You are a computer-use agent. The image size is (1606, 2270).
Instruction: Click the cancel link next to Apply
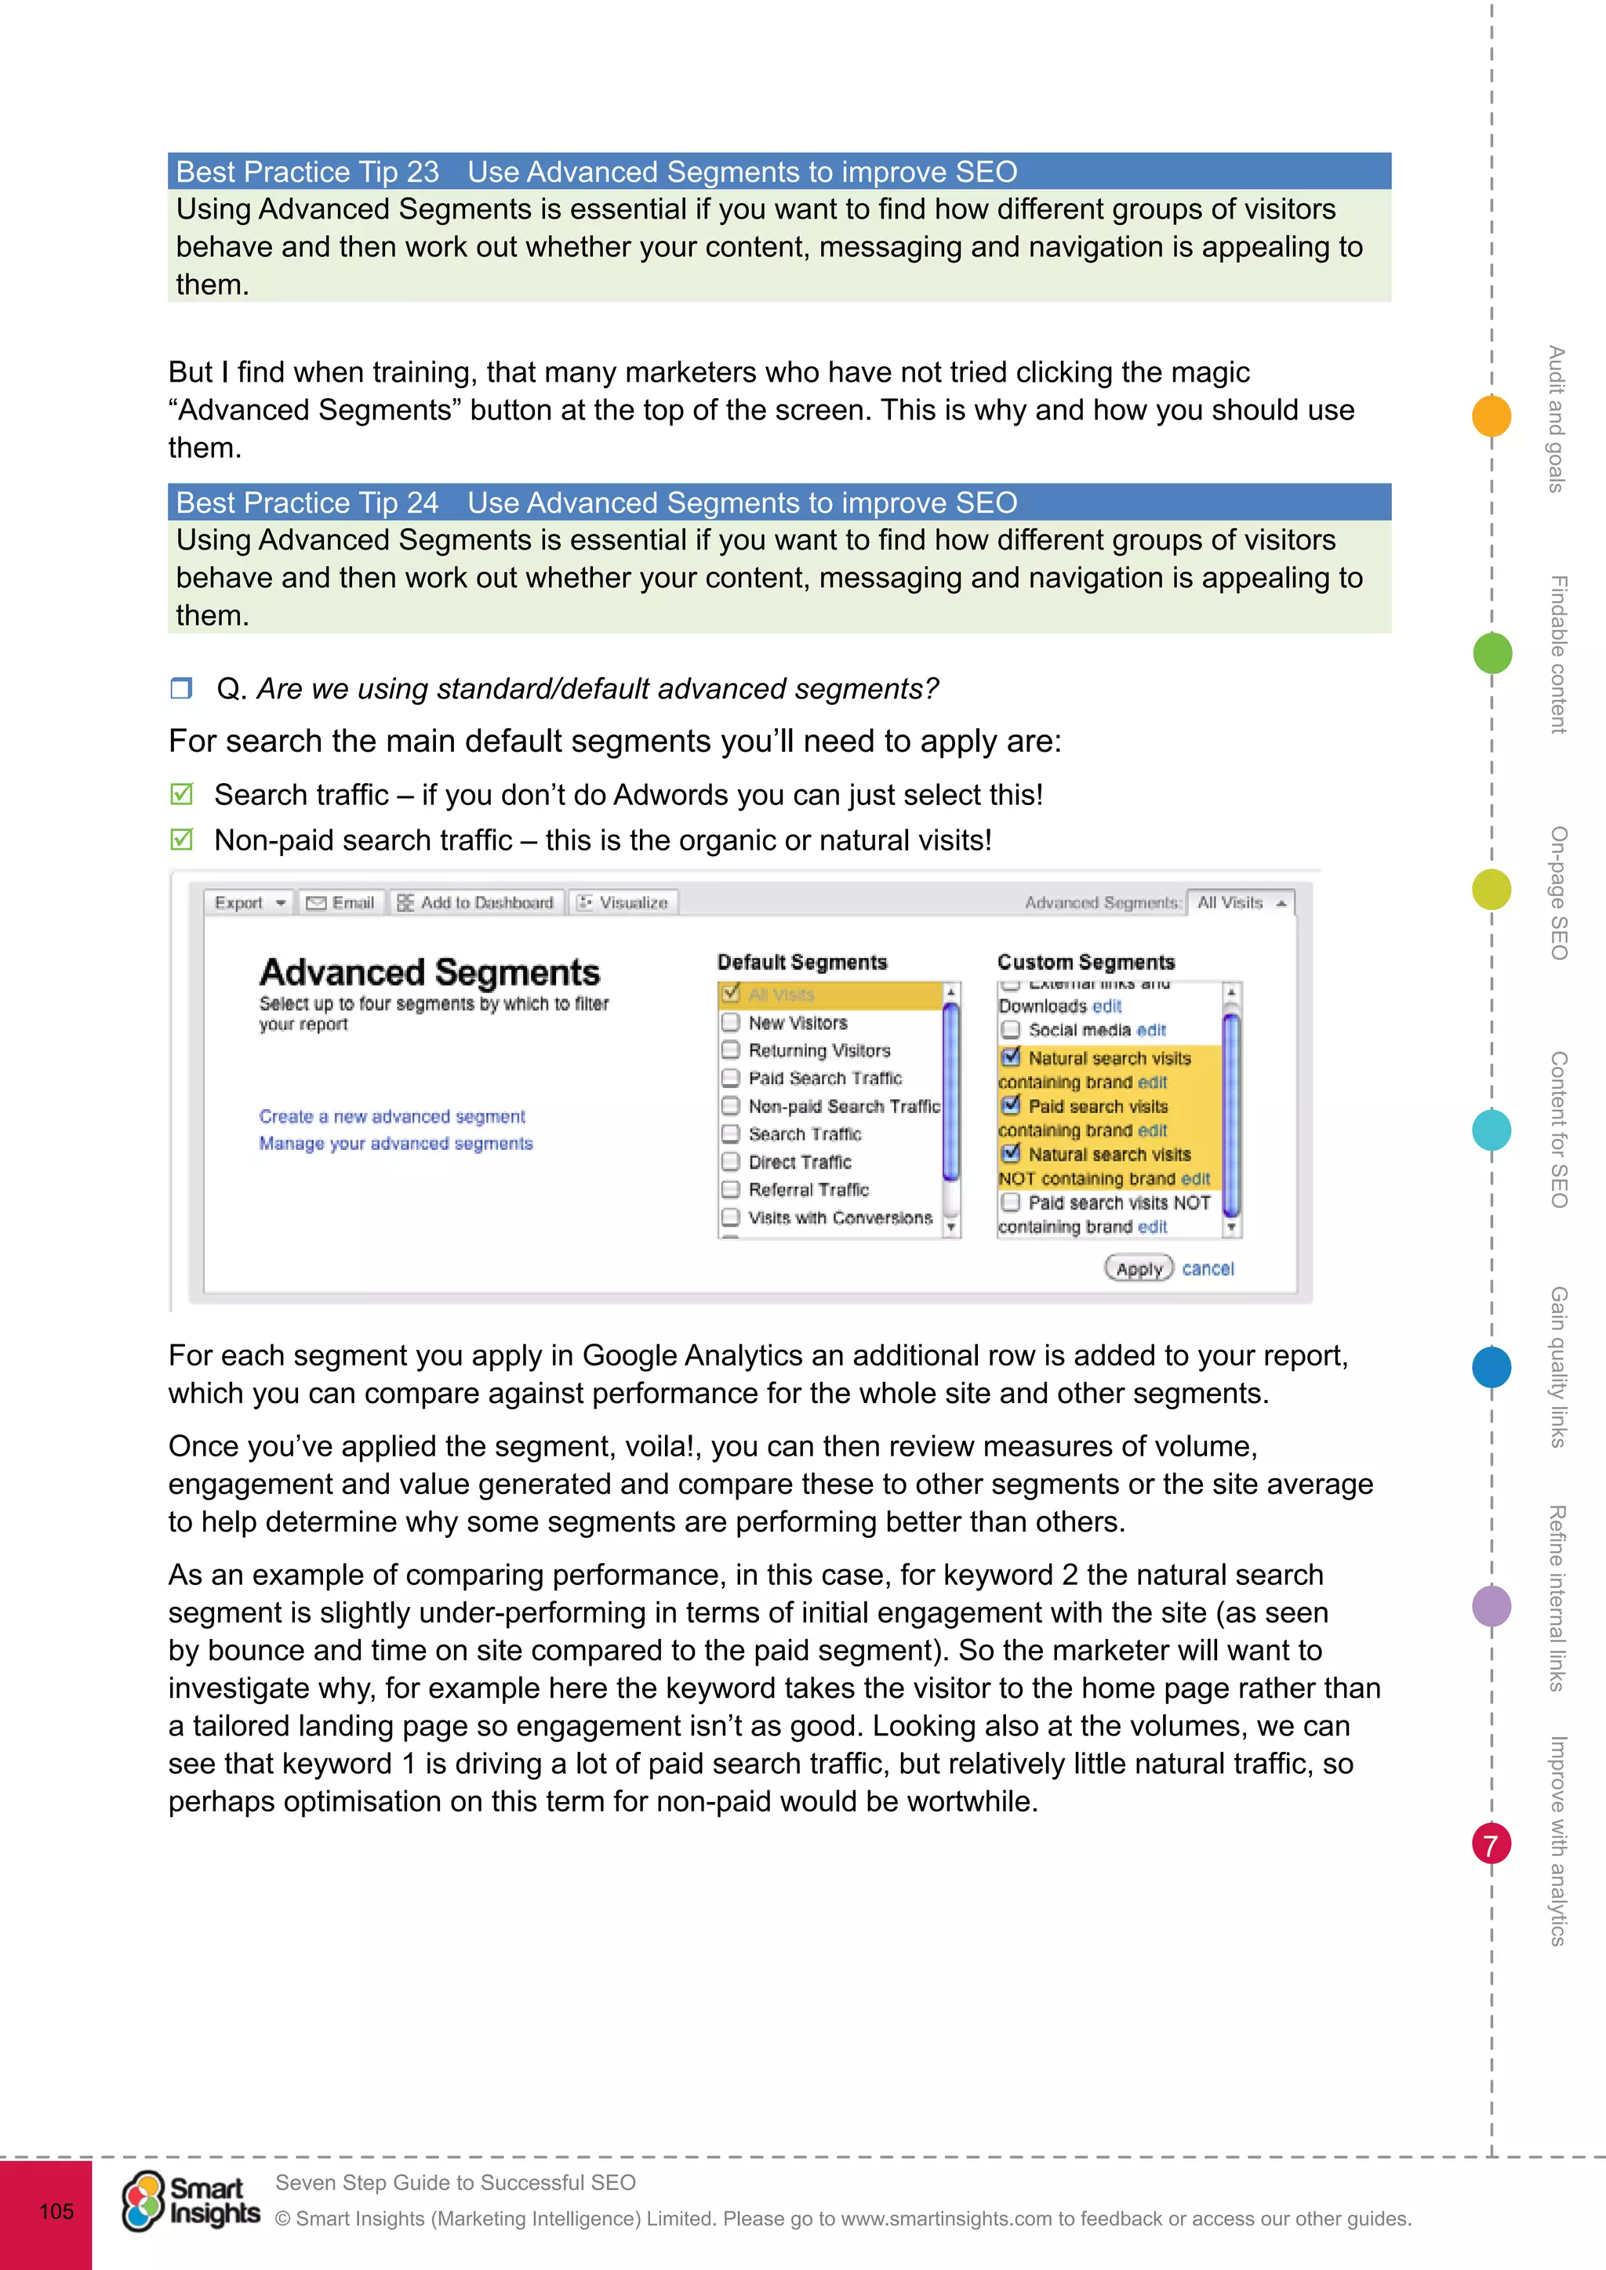[x=1208, y=1268]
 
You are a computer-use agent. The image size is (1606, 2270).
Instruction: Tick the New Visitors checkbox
[x=731, y=1022]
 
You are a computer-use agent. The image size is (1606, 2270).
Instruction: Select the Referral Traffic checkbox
[x=731, y=1189]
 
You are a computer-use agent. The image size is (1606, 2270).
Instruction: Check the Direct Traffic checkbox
[x=731, y=1162]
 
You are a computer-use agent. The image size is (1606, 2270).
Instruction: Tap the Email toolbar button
[x=342, y=903]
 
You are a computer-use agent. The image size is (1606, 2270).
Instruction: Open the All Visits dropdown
[x=1240, y=903]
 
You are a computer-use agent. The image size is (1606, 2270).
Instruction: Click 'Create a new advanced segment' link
[x=391, y=1116]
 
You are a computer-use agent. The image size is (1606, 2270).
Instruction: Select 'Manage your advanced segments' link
[x=395, y=1144]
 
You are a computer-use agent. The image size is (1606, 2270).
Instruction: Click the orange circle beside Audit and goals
[x=1492, y=415]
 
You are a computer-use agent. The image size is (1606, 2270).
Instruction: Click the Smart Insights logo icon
[x=144, y=2201]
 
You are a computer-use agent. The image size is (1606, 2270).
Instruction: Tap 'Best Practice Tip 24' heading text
[x=307, y=502]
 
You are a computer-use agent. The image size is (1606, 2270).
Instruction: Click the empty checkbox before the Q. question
[x=181, y=688]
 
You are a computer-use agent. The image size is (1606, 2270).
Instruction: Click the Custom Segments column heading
[x=1085, y=962]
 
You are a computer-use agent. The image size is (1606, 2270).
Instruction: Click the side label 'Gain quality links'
[x=1558, y=1366]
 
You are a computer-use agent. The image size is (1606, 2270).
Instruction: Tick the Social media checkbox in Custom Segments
[x=1010, y=1030]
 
